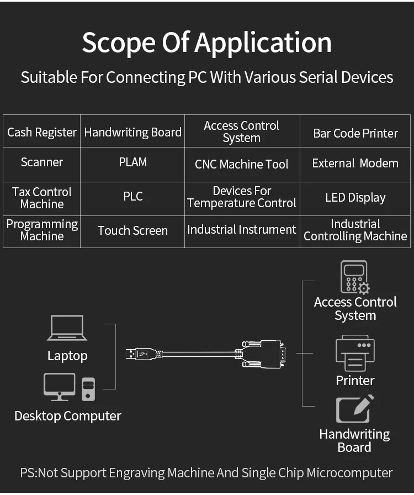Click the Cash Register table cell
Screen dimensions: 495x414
point(42,133)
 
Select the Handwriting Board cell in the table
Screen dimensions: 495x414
point(132,133)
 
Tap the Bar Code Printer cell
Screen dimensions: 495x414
point(355,133)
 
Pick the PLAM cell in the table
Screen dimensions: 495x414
point(133,162)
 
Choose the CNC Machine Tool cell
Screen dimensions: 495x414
point(242,164)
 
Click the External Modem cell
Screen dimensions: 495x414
point(355,164)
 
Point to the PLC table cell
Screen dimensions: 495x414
point(133,197)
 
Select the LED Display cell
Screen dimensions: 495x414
point(355,198)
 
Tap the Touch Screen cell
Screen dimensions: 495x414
point(132,230)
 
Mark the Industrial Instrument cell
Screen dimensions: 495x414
point(242,230)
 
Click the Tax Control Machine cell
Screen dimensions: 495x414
point(42,198)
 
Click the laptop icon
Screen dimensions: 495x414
point(67,328)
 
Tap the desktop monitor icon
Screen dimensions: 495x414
point(59,387)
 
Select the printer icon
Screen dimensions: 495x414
point(355,354)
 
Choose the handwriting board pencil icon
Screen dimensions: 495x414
point(355,409)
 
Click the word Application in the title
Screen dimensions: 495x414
point(263,43)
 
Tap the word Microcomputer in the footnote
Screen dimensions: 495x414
point(349,473)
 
